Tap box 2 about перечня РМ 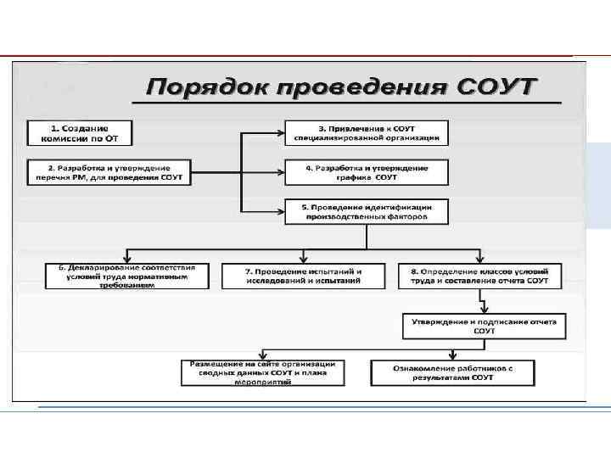coord(110,172)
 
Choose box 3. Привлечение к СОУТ coord(367,132)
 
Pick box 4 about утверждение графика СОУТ coord(367,172)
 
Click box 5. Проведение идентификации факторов coord(367,211)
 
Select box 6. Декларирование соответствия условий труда coord(126,276)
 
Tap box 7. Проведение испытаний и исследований coord(303,276)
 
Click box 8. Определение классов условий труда coord(479,276)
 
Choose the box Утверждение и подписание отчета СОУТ coord(485,326)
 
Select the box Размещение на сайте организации coord(262,372)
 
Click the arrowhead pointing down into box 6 coord(126,259)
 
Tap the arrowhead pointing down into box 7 coord(303,259)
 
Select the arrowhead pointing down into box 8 coord(479,259)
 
